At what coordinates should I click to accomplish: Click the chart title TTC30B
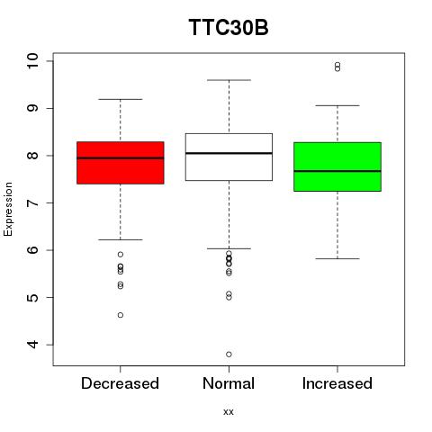[229, 27]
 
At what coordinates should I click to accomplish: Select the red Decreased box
[121, 163]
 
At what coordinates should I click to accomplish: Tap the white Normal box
[229, 157]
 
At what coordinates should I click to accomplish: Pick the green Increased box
[337, 166]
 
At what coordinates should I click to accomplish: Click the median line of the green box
[337, 171]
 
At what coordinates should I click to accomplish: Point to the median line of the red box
[121, 157]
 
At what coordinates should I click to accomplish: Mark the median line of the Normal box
[229, 153]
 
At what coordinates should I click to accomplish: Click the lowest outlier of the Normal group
[229, 355]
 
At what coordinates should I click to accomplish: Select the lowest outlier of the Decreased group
[121, 315]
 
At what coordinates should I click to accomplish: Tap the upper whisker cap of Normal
[229, 80]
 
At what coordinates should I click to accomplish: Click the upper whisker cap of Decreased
[121, 99]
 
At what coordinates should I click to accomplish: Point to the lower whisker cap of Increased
[337, 258]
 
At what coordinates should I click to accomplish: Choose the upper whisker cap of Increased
[337, 105]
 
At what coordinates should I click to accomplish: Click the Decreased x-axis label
[120, 383]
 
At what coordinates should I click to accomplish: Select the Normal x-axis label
[229, 383]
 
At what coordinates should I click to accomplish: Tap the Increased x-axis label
[337, 383]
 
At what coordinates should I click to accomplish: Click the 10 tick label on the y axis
[32, 61]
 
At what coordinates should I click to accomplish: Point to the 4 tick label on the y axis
[32, 345]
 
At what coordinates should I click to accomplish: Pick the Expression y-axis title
[8, 209]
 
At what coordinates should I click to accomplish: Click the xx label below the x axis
[229, 412]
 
